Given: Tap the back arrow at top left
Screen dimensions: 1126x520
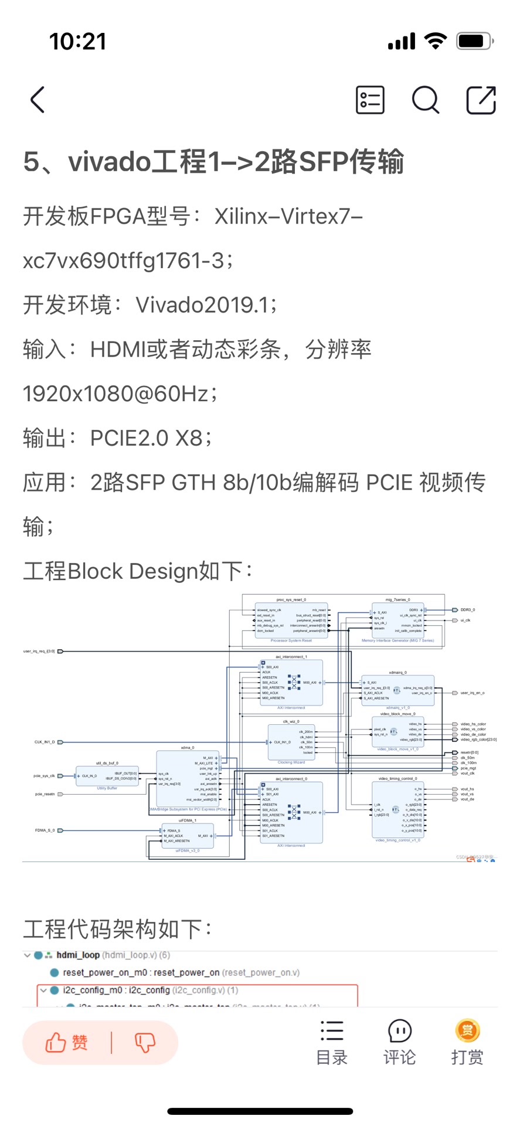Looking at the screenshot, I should [38, 100].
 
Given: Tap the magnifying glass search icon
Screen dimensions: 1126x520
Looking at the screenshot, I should [425, 100].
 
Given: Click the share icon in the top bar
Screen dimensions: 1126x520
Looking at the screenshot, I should [481, 100].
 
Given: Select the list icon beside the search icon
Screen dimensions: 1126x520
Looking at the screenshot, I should [370, 100].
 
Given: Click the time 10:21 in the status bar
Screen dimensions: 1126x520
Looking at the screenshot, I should [78, 42].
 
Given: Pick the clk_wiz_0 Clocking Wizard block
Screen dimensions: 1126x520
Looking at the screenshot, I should [291, 742].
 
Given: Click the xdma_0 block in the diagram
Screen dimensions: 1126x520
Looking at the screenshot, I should [188, 780].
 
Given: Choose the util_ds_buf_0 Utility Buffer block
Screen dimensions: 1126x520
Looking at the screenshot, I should [107, 776].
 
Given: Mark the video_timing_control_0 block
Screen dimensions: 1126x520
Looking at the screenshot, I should [397, 810].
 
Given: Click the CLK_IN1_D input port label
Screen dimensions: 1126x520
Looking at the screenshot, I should [45, 742].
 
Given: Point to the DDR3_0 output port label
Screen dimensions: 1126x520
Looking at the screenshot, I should [467, 610].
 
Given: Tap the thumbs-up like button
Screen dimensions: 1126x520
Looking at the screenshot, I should [66, 1042].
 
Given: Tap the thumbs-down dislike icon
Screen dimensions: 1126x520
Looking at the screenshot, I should [144, 1042].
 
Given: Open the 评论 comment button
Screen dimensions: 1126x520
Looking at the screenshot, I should [399, 1042].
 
